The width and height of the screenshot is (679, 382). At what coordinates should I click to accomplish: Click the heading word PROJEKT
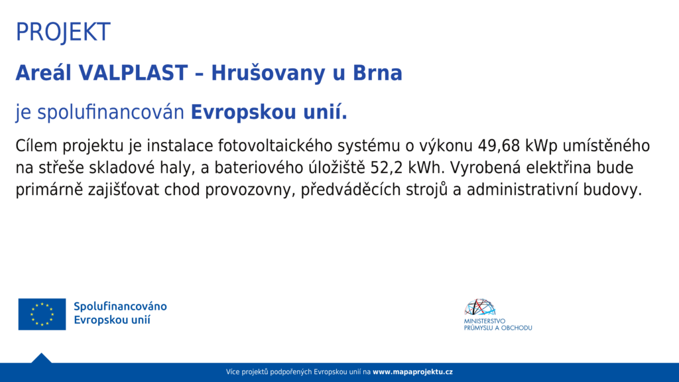click(x=63, y=32)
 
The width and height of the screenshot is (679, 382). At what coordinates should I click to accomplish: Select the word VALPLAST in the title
click(x=133, y=73)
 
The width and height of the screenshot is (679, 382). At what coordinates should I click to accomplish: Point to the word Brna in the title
click(x=377, y=73)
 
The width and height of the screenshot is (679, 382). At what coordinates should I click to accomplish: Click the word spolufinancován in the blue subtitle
click(x=111, y=112)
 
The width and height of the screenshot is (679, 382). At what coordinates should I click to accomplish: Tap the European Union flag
click(x=42, y=314)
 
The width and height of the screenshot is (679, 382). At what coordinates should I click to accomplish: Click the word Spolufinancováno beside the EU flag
click(x=120, y=306)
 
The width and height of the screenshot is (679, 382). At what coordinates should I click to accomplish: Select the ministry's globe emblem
click(x=480, y=307)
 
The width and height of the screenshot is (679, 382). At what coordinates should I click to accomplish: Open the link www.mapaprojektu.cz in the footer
click(x=412, y=371)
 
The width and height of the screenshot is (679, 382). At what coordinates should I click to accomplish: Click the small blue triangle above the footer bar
click(x=42, y=359)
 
